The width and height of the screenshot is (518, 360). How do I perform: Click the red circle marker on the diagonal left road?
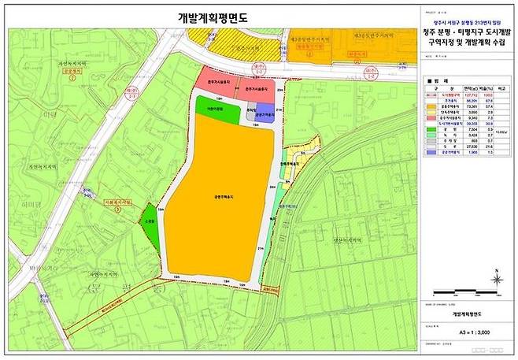[99, 189]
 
